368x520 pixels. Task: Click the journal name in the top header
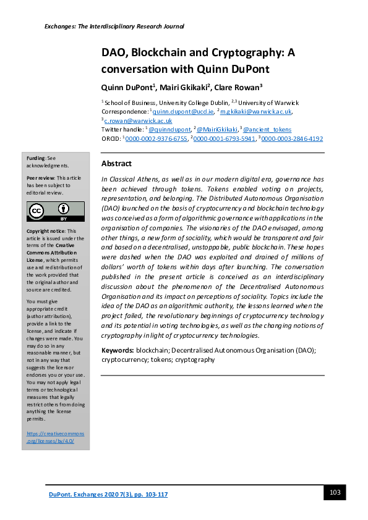tap(114, 26)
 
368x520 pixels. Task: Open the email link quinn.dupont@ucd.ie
tap(180, 112)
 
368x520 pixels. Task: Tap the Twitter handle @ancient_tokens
tap(267, 130)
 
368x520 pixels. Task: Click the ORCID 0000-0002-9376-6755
tap(156, 139)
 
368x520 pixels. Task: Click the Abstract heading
tap(116, 164)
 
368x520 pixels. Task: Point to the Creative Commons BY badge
tap(55, 211)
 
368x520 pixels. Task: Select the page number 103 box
tap(335, 492)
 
